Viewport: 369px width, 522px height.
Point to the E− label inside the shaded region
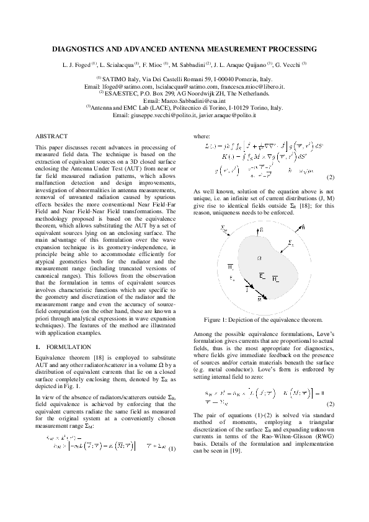point(262,275)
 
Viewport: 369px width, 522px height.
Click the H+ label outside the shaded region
point(230,267)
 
